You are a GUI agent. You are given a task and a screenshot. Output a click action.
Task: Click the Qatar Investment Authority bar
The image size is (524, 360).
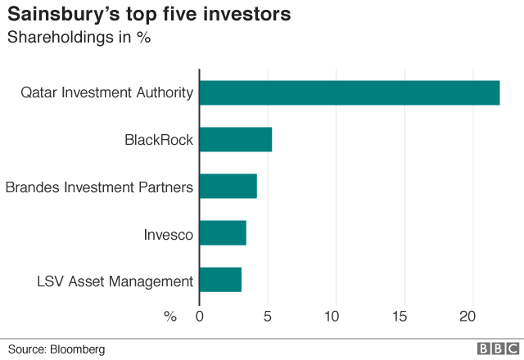tap(350, 92)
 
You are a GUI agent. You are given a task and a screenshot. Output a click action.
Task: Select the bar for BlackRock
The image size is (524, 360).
tap(236, 139)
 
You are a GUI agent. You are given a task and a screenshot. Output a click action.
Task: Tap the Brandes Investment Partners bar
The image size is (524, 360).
tap(228, 187)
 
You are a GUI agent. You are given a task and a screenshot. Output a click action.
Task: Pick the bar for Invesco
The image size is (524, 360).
tap(223, 233)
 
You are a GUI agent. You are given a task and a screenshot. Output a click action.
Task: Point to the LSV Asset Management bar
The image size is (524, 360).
tap(220, 280)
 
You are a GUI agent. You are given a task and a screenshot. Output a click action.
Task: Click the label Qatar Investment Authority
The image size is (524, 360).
tap(107, 92)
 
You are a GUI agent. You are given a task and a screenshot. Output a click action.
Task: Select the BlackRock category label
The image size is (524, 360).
tap(159, 140)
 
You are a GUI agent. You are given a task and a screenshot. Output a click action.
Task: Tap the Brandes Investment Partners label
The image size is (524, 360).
tap(99, 187)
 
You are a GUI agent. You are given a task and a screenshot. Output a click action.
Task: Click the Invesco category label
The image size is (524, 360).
tap(168, 235)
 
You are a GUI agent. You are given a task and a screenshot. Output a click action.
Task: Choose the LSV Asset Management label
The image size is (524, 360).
tap(115, 281)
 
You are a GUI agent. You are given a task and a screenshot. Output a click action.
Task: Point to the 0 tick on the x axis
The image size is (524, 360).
tap(200, 317)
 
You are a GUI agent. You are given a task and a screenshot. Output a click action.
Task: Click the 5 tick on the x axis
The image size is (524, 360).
tap(266, 317)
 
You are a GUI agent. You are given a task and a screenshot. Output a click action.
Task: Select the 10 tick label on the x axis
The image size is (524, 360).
tap(333, 317)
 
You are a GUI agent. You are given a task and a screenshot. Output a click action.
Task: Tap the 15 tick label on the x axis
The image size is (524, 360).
tap(400, 317)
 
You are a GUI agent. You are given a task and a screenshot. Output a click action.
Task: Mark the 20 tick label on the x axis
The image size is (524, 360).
tap(468, 317)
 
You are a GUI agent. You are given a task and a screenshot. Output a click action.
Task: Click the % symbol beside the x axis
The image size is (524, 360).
tap(170, 317)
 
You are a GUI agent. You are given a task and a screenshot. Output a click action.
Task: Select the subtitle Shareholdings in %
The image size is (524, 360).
tap(79, 38)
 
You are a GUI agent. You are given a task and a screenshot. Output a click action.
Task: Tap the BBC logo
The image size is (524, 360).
tap(494, 349)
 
